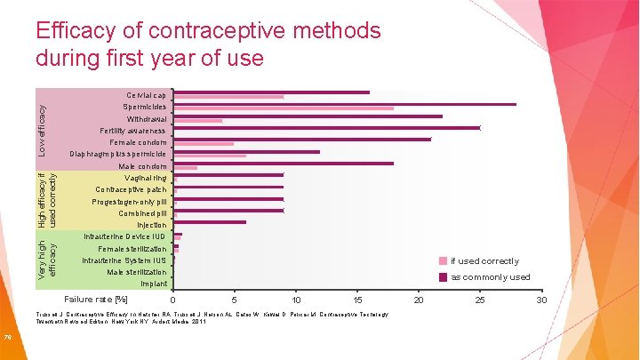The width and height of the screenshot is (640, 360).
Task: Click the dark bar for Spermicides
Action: pos(344,104)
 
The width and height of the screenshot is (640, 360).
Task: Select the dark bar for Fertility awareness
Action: pos(326,127)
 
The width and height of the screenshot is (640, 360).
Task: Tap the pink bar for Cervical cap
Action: pos(228,97)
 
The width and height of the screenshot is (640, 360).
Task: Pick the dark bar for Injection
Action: pos(210,222)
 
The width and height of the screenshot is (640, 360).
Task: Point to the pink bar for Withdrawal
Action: pos(197,121)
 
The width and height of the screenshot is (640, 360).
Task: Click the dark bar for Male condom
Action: pos(283,163)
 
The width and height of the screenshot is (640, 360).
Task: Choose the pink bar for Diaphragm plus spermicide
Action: pos(210,156)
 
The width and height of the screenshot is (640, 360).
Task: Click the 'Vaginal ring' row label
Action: pos(145,179)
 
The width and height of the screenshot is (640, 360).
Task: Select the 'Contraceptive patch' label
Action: pos(131,190)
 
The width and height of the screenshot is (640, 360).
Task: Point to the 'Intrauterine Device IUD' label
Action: pos(124,236)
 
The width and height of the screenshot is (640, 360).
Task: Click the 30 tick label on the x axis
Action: pos(541,300)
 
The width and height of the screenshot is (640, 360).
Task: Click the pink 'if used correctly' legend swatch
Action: pos(442,261)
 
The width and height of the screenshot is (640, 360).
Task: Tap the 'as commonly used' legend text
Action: pos(490,277)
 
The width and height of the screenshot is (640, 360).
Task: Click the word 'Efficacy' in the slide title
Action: pos(78,32)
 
